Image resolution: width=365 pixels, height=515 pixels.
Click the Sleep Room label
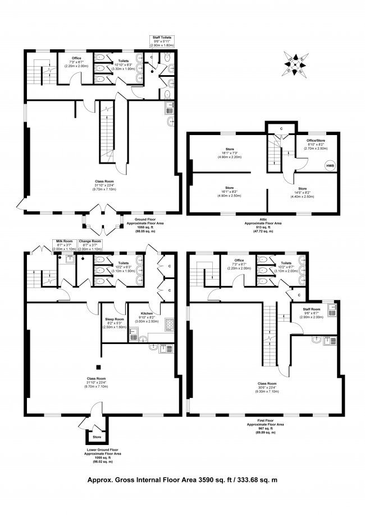[112, 325]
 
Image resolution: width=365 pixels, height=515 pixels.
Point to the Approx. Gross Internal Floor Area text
[182, 480]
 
